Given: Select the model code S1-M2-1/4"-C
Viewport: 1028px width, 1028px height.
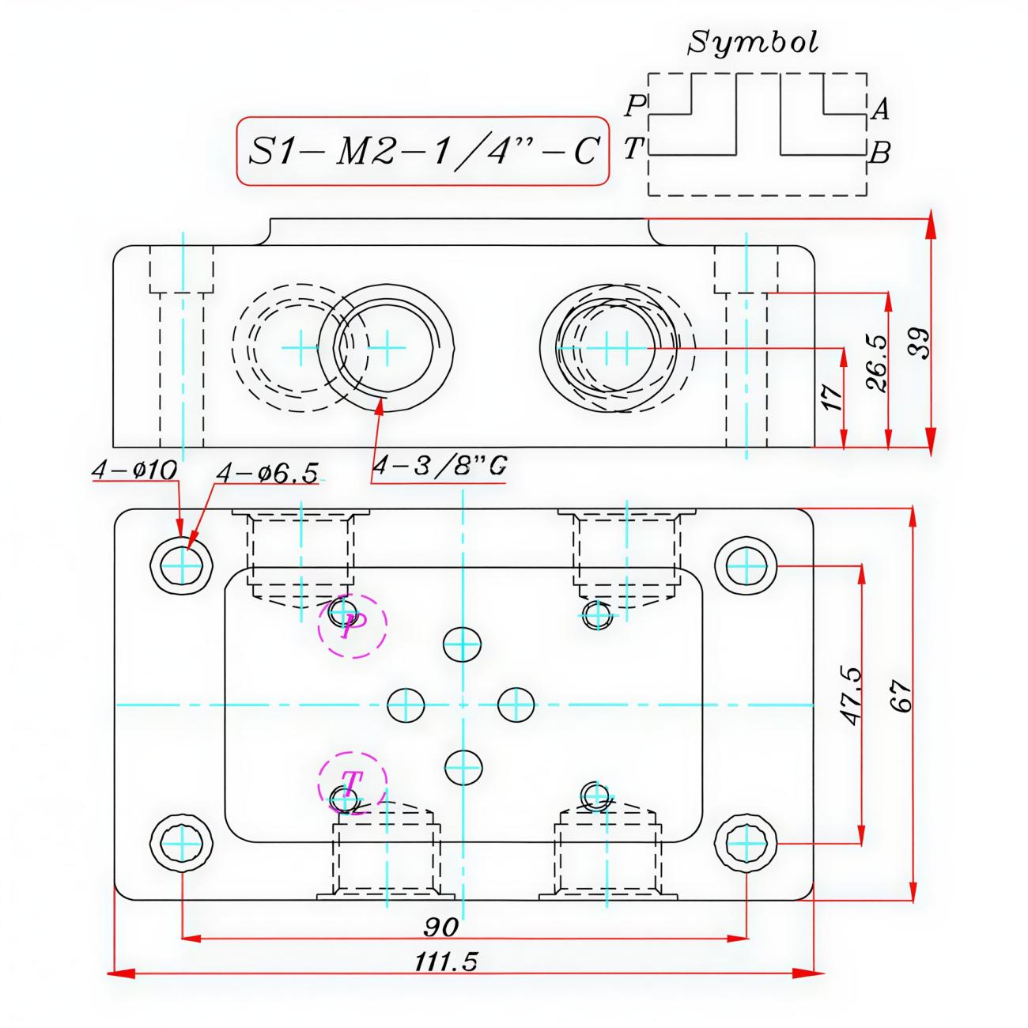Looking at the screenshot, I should pos(422,150).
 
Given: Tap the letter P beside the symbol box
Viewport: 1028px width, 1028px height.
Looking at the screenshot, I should pos(634,105).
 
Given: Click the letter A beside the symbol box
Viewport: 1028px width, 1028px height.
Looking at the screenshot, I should pos(879,108).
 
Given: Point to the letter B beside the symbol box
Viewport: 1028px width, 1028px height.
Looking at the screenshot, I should pos(879,153).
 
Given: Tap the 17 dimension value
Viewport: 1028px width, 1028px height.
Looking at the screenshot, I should pos(831,397).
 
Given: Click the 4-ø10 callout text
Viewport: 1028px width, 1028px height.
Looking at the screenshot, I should pos(134,470).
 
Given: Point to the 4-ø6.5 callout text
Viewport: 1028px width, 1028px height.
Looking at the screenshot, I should pos(267,473).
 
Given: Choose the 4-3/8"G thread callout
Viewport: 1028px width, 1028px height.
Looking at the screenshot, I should pos(439,466).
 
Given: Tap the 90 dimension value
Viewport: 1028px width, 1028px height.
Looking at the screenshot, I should pos(441,926).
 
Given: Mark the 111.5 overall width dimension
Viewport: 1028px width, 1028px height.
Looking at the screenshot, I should pos(446,962).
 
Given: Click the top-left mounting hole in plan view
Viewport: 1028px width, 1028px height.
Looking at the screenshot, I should pos(182,565).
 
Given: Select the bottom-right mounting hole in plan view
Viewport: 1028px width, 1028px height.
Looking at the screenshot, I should pos(746,844).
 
